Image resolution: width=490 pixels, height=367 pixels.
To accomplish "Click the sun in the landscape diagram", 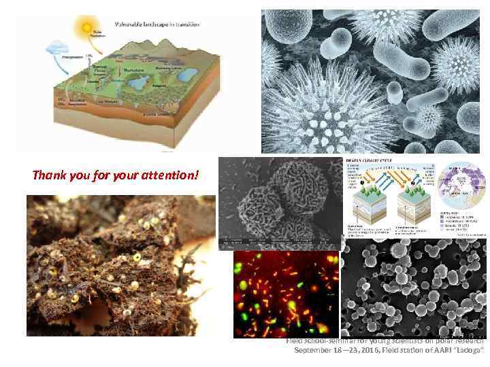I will point(86,28).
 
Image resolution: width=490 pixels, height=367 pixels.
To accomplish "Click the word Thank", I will point(48,176).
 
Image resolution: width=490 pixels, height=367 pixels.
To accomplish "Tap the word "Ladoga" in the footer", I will point(468,351).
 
